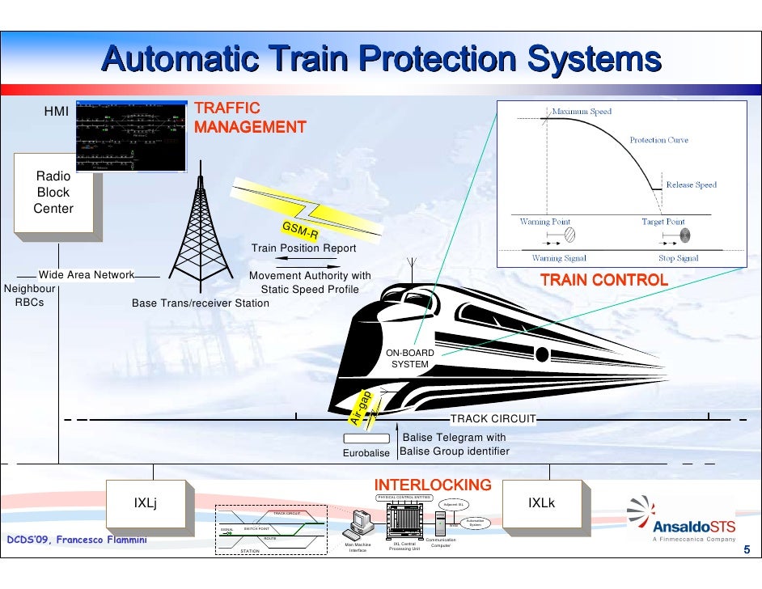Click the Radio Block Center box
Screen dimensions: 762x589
(x=53, y=193)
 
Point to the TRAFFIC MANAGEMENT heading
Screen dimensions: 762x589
(x=250, y=117)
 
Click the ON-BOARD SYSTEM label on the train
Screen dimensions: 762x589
(x=409, y=359)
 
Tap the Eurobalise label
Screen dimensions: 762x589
(x=366, y=452)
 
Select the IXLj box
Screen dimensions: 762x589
(x=146, y=502)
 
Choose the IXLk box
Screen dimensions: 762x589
(x=541, y=502)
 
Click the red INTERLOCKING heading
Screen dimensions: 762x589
(x=432, y=485)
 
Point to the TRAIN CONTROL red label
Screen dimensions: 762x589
(x=603, y=281)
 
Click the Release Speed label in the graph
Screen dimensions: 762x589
(x=691, y=185)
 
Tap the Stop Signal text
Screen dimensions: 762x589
(x=678, y=259)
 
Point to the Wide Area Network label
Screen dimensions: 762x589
(x=86, y=275)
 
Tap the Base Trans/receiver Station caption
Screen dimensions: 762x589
(x=200, y=303)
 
